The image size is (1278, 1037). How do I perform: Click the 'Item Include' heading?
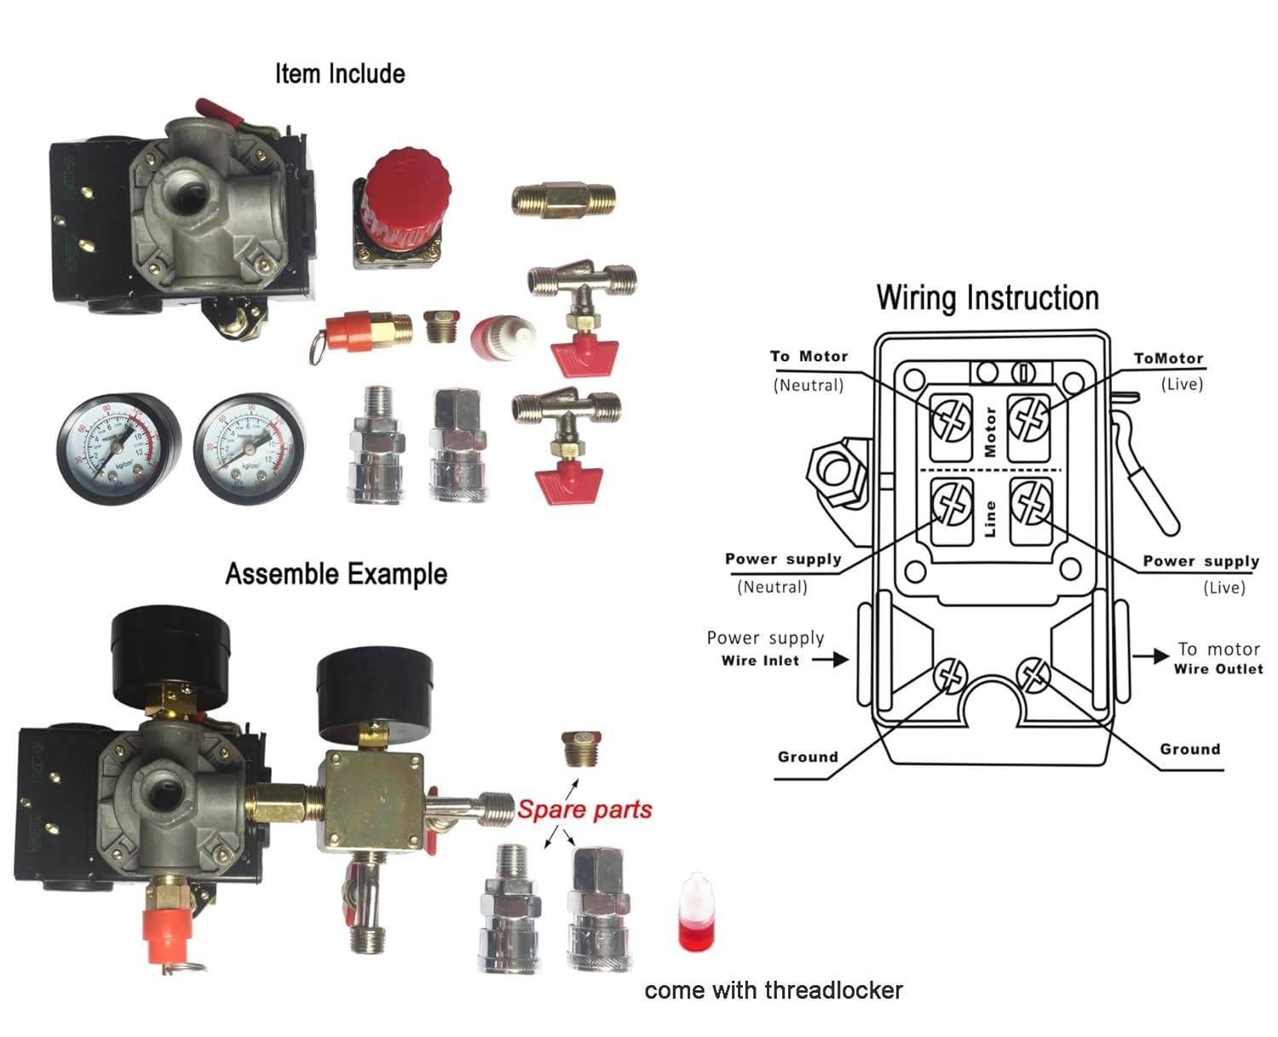coord(339,74)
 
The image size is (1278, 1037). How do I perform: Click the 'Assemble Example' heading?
coord(336,574)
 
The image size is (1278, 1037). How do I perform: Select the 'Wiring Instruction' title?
coord(987,298)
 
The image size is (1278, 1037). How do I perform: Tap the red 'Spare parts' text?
coord(584,809)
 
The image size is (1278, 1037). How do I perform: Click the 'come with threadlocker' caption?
coord(773,990)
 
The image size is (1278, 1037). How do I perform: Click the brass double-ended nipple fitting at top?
coord(563,201)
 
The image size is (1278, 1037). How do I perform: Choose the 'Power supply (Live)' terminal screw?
coord(1031,502)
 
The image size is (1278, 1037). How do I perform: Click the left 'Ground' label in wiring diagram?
coord(808,757)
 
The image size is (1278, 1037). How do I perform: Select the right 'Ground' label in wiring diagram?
coord(1189,749)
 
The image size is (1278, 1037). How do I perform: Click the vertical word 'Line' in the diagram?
coord(990,518)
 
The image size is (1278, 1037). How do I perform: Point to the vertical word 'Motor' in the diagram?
coord(990,431)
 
